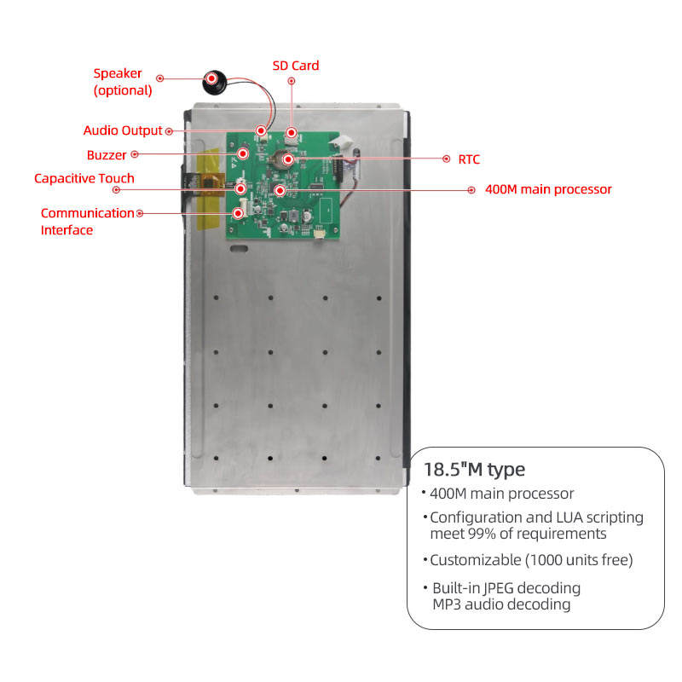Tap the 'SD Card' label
click(x=295, y=66)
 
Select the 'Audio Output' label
click(x=123, y=130)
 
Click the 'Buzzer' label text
click(x=107, y=155)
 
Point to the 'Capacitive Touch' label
click(x=84, y=178)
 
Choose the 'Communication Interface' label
click(x=87, y=222)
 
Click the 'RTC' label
click(x=469, y=159)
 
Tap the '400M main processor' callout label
click(x=548, y=189)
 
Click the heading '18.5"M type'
click(x=474, y=469)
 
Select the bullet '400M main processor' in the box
click(x=501, y=494)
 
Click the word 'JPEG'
click(x=494, y=588)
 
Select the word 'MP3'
click(x=449, y=604)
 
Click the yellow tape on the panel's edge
click(x=208, y=192)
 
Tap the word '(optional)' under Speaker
click(x=123, y=90)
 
